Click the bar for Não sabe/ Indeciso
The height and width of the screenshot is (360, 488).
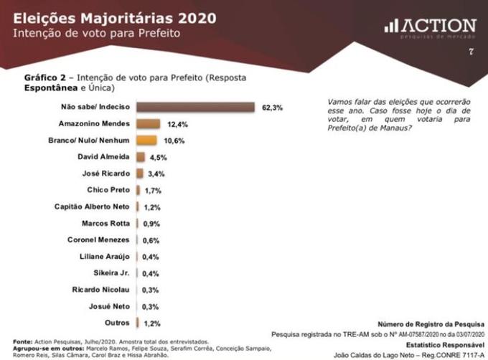pos(195,108)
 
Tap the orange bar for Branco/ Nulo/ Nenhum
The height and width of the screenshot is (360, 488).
pos(146,141)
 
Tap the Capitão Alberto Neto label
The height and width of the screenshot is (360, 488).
pos(93,207)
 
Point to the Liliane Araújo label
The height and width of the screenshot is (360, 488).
pos(105,256)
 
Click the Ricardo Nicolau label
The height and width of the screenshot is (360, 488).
pos(102,289)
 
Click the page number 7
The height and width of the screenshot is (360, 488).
pos(471,52)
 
